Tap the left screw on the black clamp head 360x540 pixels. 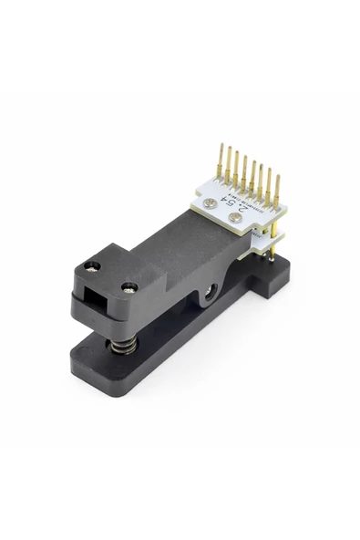click(x=90, y=266)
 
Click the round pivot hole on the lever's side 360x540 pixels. click(x=211, y=291)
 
